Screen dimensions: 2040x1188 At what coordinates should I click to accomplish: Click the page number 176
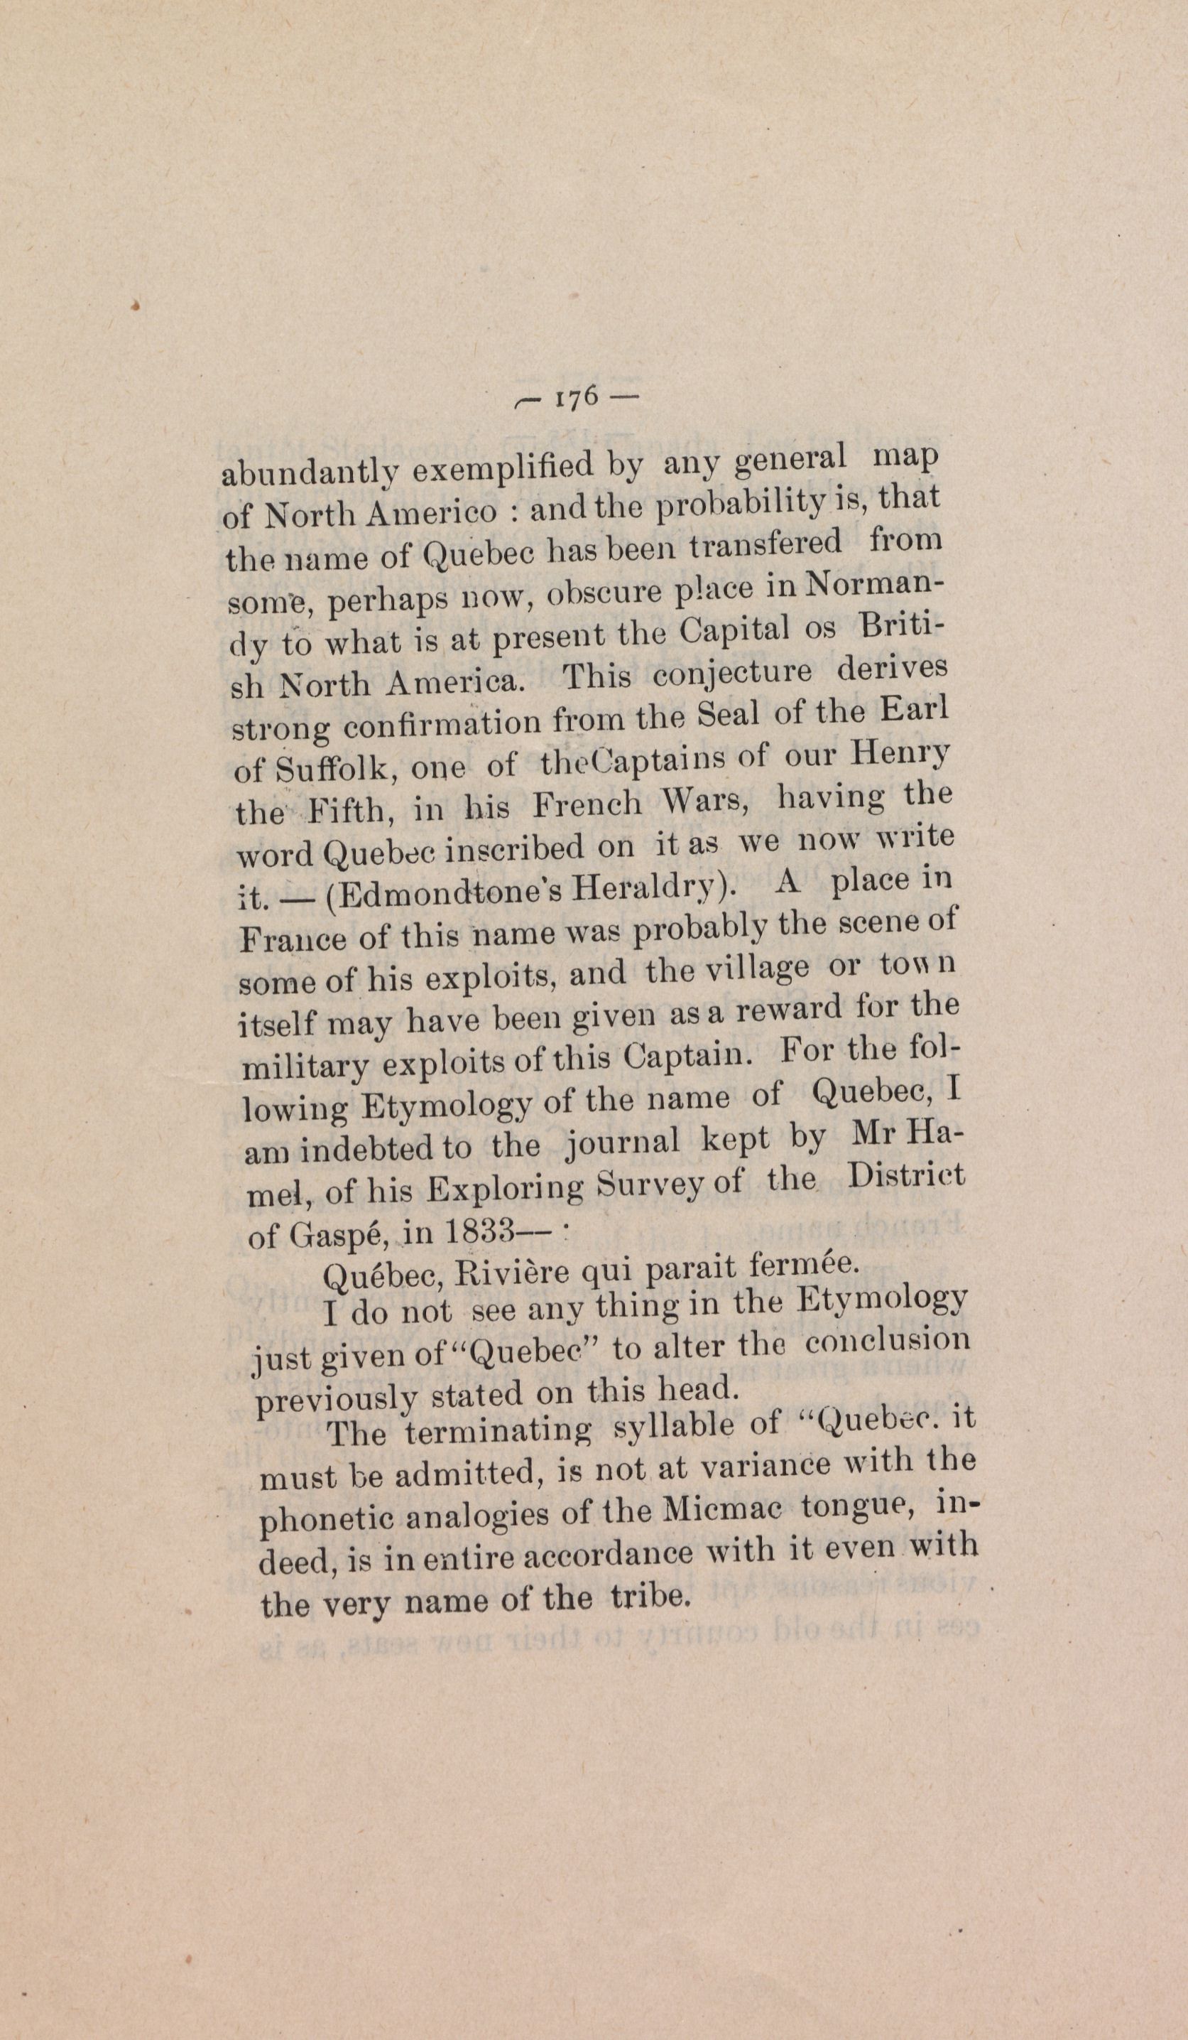pos(576,396)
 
